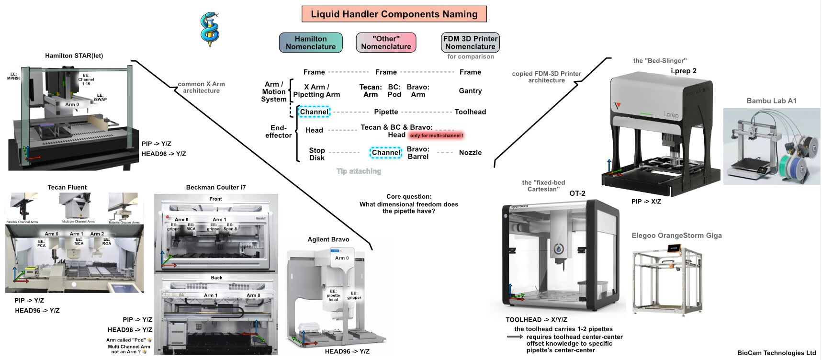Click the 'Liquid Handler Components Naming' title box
tap(394, 14)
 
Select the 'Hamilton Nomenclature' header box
tap(311, 43)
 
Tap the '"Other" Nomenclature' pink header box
tap(386, 43)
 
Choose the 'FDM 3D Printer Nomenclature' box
tap(470, 43)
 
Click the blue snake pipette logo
tap(210, 29)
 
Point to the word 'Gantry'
tap(470, 91)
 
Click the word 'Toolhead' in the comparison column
tap(470, 112)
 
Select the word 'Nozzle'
tap(470, 153)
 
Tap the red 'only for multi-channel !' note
tap(437, 135)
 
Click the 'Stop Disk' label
tap(317, 154)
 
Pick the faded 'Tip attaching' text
tap(359, 171)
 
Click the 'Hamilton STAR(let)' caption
tap(74, 56)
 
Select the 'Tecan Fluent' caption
tap(67, 187)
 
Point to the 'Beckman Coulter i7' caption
tap(216, 187)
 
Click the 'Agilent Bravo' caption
tap(328, 239)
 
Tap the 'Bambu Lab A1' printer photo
tap(771, 146)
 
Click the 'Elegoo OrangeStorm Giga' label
tap(676, 236)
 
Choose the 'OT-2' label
tap(577, 193)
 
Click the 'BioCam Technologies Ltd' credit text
tap(777, 353)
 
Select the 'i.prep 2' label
tap(684, 71)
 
